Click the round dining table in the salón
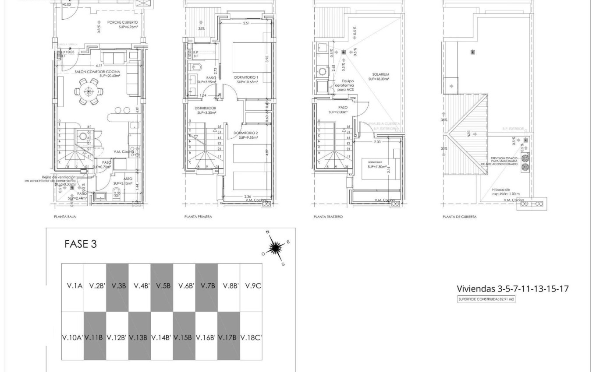pos(89,92)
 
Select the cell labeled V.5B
pos(162,286)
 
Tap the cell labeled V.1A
pos(73,286)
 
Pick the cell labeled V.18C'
pos(251,337)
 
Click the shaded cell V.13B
pos(139,337)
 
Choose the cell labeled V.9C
pos(251,286)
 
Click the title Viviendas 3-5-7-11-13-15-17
pos(513,289)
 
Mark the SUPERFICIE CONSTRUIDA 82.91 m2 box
pos(486,299)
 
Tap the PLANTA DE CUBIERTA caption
pos(459,217)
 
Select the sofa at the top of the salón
pos(114,57)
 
